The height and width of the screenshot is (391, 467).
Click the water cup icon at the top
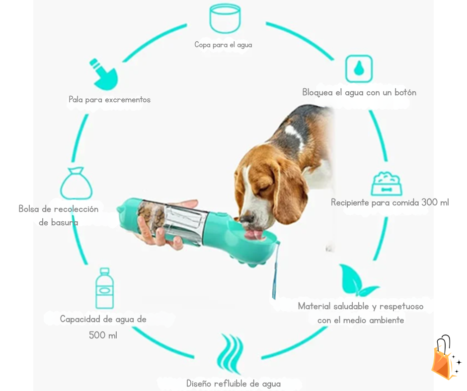click(x=225, y=18)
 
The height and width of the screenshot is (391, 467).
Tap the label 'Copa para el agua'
click(x=223, y=45)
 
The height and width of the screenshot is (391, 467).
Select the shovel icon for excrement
click(x=103, y=73)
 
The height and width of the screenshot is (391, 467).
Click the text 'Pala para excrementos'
click(x=109, y=100)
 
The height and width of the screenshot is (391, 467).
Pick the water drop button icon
click(x=359, y=68)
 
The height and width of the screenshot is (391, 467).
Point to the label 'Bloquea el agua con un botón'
click(x=359, y=92)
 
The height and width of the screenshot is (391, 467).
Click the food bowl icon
click(x=387, y=184)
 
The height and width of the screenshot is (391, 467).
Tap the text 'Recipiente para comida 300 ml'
click(x=389, y=202)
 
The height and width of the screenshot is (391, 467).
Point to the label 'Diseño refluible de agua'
click(x=233, y=384)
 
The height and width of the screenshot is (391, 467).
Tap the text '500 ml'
click(x=103, y=335)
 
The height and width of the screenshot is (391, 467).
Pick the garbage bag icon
click(x=76, y=184)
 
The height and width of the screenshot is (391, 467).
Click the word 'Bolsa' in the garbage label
click(x=29, y=209)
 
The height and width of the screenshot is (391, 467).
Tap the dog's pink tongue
click(x=255, y=233)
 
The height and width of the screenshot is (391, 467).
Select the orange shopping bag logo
click(x=444, y=358)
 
